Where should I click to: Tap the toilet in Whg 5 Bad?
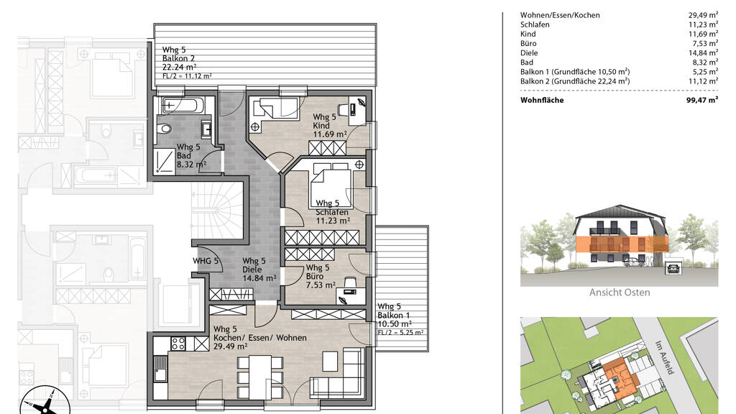[165, 129]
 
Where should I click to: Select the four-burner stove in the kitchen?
[178, 344]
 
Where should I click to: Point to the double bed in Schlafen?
[331, 185]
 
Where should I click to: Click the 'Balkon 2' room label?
[178, 58]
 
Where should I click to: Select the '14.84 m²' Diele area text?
[259, 278]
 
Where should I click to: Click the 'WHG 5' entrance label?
[206, 261]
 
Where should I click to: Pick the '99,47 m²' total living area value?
[701, 100]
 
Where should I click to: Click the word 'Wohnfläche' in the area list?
[542, 100]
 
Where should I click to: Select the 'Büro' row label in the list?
[528, 43]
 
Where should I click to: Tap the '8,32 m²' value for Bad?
[703, 63]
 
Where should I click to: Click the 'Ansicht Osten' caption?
[620, 293]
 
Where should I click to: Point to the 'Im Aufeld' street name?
[664, 357]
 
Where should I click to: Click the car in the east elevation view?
[635, 262]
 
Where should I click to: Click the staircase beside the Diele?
[217, 211]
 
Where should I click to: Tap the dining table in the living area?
[260, 377]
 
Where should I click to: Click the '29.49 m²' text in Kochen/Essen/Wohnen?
[231, 346]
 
